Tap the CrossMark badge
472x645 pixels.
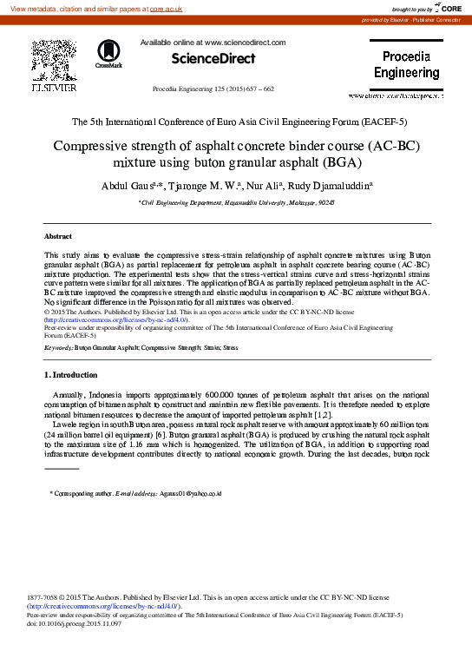click(108, 54)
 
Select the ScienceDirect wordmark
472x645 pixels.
click(213, 59)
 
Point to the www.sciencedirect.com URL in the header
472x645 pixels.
click(246, 42)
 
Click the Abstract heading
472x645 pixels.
click(58, 236)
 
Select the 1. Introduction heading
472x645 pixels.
click(71, 374)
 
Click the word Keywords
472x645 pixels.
click(58, 347)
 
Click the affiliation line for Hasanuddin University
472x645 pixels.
click(236, 201)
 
